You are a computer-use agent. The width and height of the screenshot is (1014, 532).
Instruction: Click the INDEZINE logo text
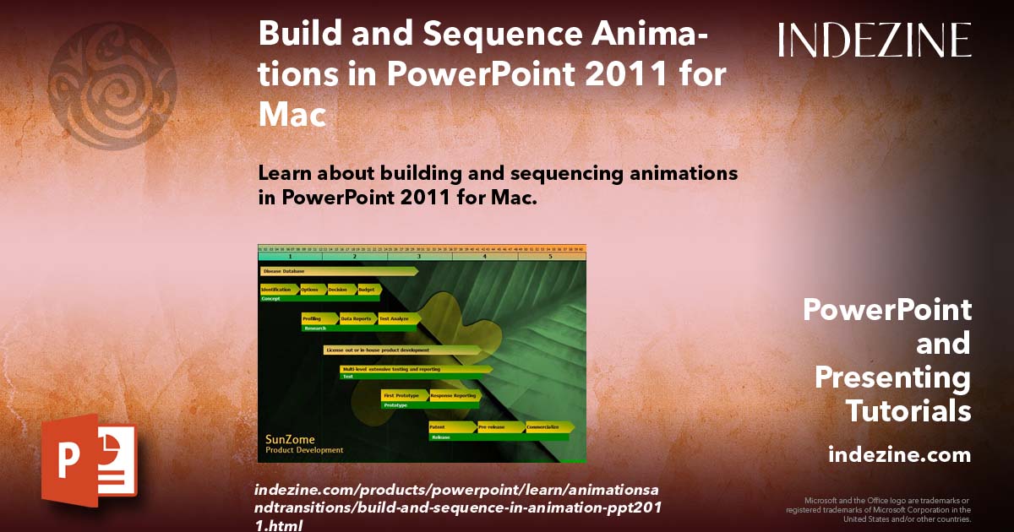(875, 40)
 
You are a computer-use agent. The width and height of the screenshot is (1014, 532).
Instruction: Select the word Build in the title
(298, 36)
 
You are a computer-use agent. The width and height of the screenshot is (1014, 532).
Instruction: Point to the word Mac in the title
(292, 114)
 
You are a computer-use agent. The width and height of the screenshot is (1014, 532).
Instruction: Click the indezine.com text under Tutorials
(899, 455)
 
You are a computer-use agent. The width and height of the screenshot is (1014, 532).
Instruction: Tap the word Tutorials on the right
(908, 411)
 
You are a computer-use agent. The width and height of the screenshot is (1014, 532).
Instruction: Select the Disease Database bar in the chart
(339, 271)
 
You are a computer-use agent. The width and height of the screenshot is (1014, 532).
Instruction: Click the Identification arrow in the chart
(279, 290)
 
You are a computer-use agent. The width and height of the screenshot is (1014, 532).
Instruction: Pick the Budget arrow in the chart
(368, 290)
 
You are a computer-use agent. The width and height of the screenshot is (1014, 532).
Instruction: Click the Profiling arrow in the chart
(319, 318)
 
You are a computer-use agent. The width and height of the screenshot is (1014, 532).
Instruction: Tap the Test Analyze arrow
(397, 318)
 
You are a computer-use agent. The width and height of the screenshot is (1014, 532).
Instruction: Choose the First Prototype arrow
(404, 395)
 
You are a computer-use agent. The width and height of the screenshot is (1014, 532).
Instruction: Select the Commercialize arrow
(548, 427)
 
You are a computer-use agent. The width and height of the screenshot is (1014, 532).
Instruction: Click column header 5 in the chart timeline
(551, 255)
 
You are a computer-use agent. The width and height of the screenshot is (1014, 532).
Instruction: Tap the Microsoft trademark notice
(879, 509)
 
